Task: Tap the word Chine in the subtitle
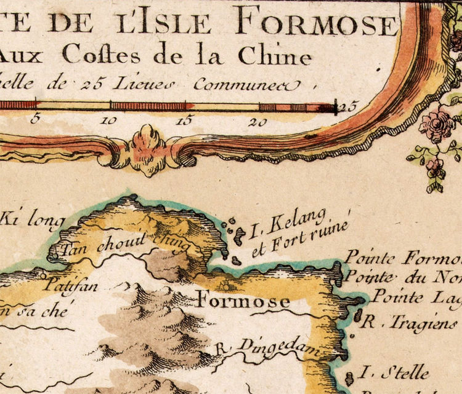coord(271,56)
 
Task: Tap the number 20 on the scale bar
coord(258,122)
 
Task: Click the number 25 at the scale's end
coord(349,106)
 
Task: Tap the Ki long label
coord(28,220)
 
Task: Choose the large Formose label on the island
coord(243,301)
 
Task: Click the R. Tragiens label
coord(410,321)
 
